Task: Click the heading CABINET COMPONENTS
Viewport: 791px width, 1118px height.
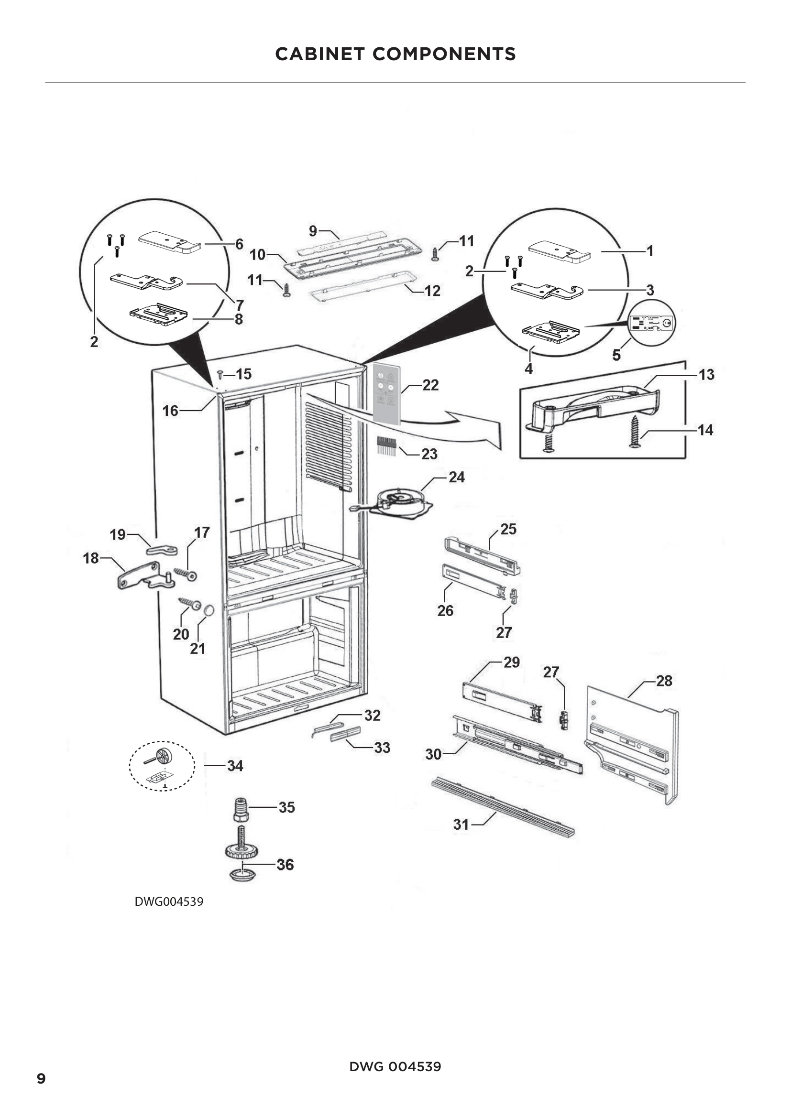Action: tap(395, 54)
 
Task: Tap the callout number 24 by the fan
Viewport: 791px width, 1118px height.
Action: tap(456, 477)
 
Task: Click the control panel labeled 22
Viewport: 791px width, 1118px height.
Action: tap(386, 395)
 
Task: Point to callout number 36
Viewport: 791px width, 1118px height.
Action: tap(285, 865)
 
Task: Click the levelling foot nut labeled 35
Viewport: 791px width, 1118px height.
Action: tap(241, 810)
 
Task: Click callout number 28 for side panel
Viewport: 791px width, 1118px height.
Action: tap(664, 681)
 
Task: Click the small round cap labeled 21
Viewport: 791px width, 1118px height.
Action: tap(209, 610)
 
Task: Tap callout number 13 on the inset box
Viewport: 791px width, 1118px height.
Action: tap(706, 375)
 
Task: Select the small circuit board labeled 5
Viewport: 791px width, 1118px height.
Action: tap(652, 323)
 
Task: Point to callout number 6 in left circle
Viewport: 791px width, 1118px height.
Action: tap(239, 244)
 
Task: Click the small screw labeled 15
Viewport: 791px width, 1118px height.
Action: tap(220, 374)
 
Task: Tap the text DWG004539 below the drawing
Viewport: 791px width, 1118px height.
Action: tap(168, 901)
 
